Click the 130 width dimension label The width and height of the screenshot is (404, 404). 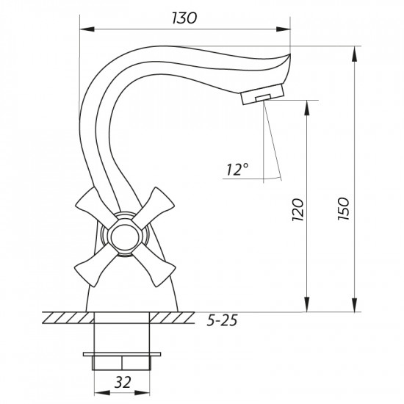(184, 18)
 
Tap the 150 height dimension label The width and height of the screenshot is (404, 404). (344, 209)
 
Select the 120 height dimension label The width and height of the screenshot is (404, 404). (298, 209)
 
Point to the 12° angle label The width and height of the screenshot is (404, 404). (237, 169)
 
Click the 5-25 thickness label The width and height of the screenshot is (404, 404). (222, 320)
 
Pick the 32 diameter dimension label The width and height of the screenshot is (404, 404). (123, 382)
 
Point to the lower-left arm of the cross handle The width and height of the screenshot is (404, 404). (95, 265)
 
